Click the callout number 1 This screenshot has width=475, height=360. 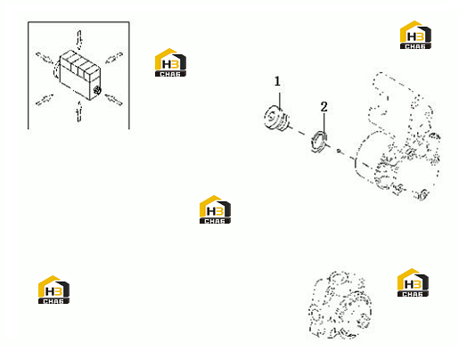pyautogui.click(x=277, y=81)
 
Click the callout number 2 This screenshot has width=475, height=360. pyautogui.click(x=323, y=107)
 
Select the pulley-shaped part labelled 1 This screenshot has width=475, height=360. pyautogui.click(x=277, y=119)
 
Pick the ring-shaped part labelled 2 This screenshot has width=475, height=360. pyautogui.click(x=319, y=141)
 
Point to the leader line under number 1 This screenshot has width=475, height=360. pyautogui.click(x=280, y=101)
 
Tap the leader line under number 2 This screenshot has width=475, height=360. pyautogui.click(x=324, y=123)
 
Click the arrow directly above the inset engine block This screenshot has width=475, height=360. pyautogui.click(x=79, y=40)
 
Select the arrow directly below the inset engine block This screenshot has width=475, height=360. pyautogui.click(x=79, y=111)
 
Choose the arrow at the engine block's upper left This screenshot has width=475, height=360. pyautogui.click(x=45, y=57)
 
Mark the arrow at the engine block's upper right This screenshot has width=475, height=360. pyautogui.click(x=114, y=58)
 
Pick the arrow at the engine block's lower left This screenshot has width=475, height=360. pyautogui.click(x=45, y=100)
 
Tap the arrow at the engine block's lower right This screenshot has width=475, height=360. pyautogui.click(x=113, y=100)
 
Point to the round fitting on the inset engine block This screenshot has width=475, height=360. pyautogui.click(x=97, y=90)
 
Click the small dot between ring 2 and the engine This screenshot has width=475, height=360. pyautogui.click(x=339, y=151)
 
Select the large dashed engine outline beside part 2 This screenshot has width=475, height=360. pyautogui.click(x=397, y=135)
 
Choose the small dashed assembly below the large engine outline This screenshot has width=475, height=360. pyautogui.click(x=340, y=305)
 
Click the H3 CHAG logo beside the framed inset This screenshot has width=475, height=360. pyautogui.click(x=170, y=62)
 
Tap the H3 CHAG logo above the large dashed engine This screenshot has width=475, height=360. pyautogui.click(x=415, y=35)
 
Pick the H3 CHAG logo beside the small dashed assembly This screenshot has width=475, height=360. pyautogui.click(x=413, y=282)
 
